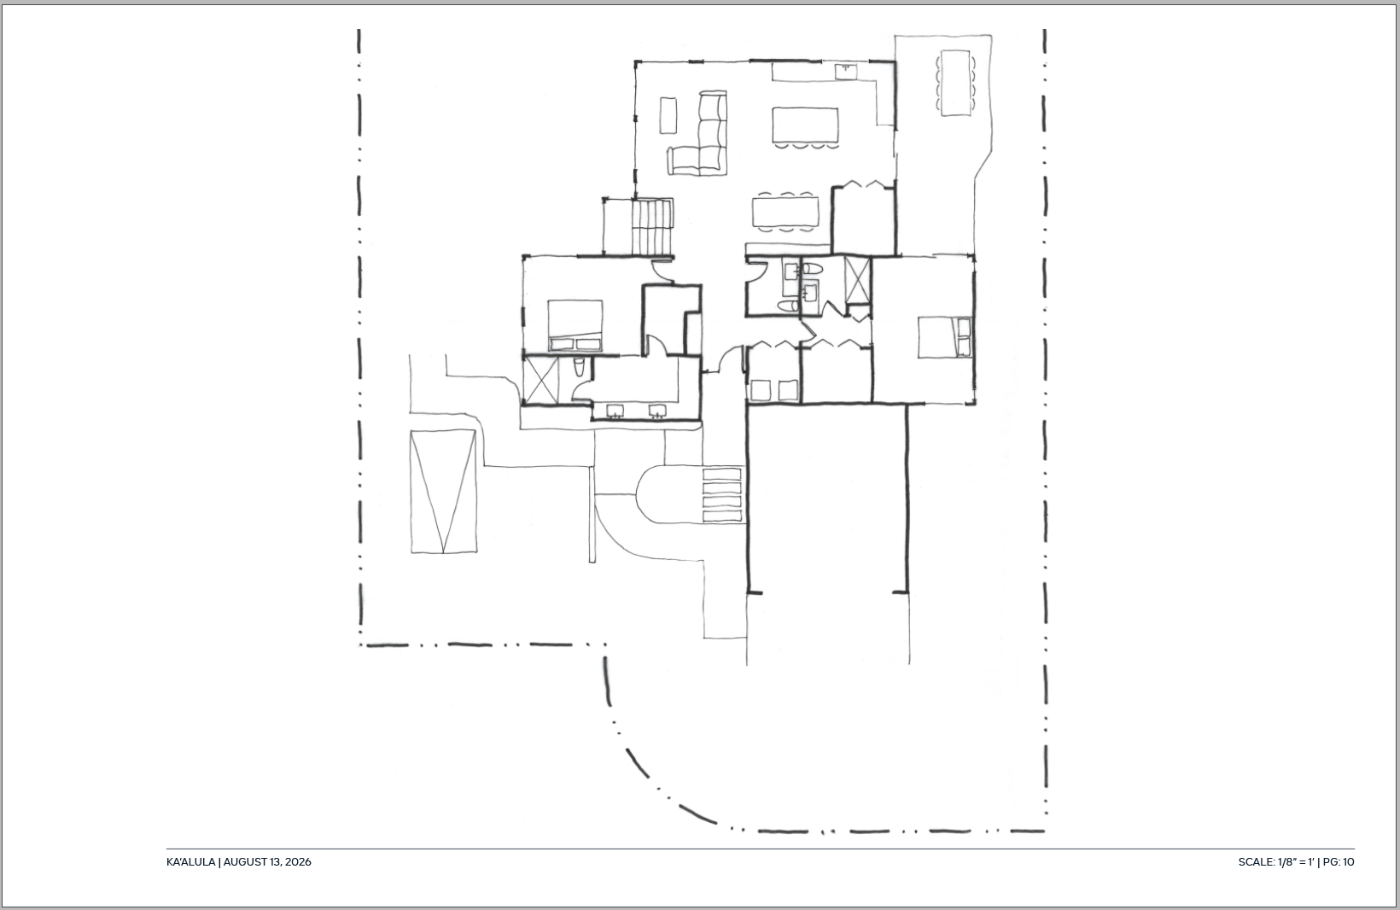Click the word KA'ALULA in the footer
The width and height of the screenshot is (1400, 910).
pos(190,862)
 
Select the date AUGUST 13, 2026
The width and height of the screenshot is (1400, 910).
pos(267,862)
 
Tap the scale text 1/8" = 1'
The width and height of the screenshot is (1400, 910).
pos(1297,862)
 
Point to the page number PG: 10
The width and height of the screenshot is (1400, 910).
pos(1339,862)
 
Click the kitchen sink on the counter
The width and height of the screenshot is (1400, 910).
pos(846,71)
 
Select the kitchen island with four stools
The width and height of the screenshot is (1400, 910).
pos(805,128)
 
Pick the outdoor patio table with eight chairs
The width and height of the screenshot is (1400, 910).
pos(955,83)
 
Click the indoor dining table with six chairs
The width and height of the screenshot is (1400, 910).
pos(785,212)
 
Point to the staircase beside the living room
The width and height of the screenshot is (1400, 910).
pos(652,227)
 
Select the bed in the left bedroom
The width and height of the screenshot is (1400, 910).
pos(575,325)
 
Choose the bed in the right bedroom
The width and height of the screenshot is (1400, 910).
pos(944,337)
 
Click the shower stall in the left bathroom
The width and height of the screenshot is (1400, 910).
pos(540,379)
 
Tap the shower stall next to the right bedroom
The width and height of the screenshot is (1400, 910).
pos(857,279)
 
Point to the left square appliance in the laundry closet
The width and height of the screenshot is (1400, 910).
pos(760,390)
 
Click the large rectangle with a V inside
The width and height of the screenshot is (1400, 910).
pos(443,491)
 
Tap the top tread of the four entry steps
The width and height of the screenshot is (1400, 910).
pos(722,474)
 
